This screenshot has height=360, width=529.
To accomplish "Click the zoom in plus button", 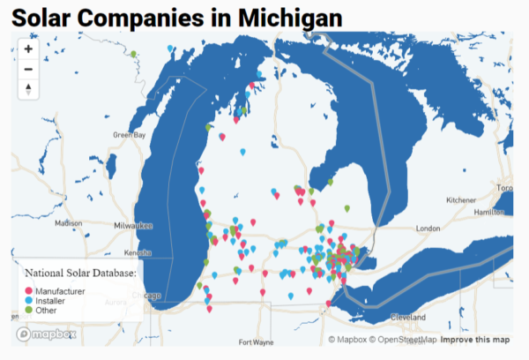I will tap(28, 49).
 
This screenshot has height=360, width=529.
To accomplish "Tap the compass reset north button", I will tap(28, 88).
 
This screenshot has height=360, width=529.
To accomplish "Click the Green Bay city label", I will tap(129, 135).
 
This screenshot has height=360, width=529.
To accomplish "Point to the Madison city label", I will tap(68, 223).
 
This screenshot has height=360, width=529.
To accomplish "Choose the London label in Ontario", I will tap(428, 229).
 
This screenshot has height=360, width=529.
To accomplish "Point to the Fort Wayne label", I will tap(257, 342).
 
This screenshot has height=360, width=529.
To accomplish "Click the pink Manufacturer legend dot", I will tap(28, 291).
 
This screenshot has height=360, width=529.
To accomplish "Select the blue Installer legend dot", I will tap(28, 301).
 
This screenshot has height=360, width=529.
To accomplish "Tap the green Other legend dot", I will tap(28, 311).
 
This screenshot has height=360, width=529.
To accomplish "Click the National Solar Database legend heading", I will tap(80, 274).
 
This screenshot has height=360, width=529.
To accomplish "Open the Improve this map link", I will tap(475, 340).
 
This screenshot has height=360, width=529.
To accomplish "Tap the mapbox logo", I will tap(46, 334).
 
